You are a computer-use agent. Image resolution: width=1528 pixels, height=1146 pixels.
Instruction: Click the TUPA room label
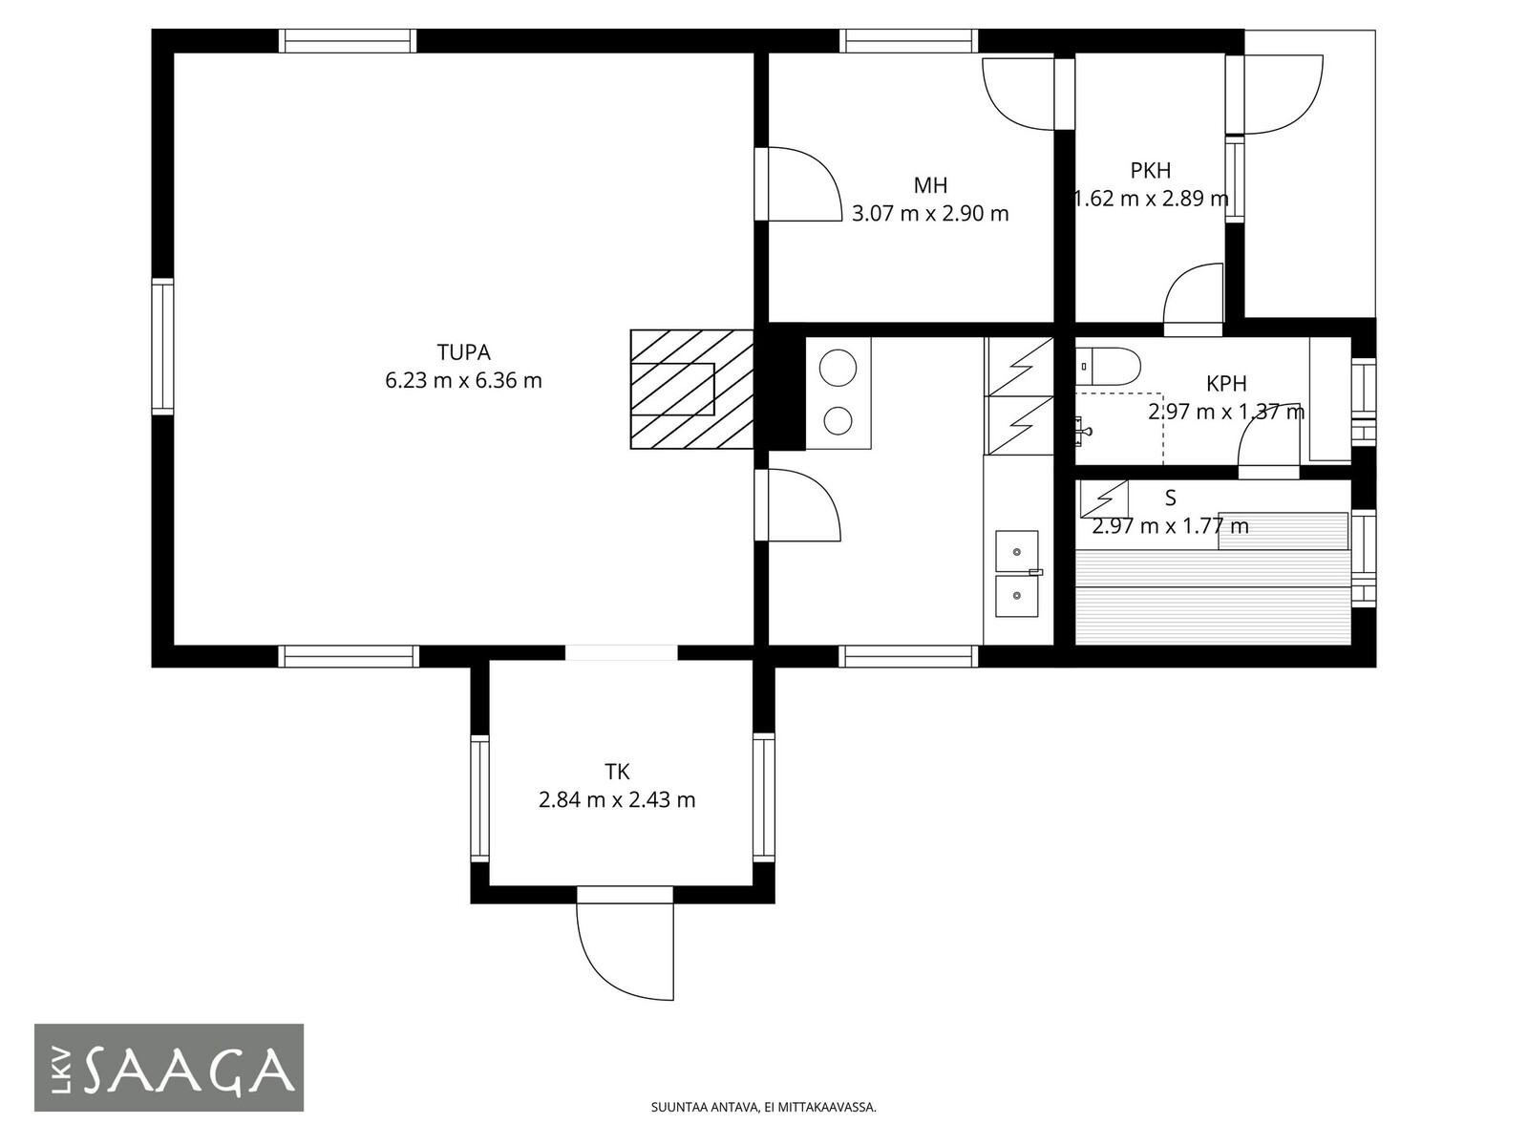pos(463,352)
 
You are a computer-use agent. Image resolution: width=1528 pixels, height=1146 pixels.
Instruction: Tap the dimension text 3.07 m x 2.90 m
pos(930,214)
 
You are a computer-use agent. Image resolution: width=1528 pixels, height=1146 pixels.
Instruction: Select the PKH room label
pos(1150,171)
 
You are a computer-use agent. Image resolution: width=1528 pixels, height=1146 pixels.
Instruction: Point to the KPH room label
pos(1226,383)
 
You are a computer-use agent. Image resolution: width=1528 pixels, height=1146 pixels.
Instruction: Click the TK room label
pos(617,772)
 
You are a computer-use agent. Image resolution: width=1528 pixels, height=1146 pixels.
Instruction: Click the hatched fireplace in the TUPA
pos(692,389)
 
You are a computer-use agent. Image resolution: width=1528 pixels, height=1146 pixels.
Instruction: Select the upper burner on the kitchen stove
pos(838,368)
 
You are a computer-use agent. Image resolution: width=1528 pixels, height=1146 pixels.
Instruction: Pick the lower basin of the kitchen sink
pos(1016,596)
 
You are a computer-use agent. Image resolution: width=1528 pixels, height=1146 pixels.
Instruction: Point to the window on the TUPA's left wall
pos(162,346)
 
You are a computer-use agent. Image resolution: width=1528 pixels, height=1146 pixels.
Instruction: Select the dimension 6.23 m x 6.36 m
pos(463,381)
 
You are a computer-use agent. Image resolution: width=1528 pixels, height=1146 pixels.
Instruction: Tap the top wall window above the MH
pos(908,41)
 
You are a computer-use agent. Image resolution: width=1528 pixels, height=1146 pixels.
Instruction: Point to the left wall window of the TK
pos(480,798)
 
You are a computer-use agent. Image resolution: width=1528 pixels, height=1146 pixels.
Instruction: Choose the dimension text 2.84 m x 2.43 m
pos(617,800)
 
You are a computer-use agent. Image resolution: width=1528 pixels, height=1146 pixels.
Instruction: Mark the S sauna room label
pos(1170,499)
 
